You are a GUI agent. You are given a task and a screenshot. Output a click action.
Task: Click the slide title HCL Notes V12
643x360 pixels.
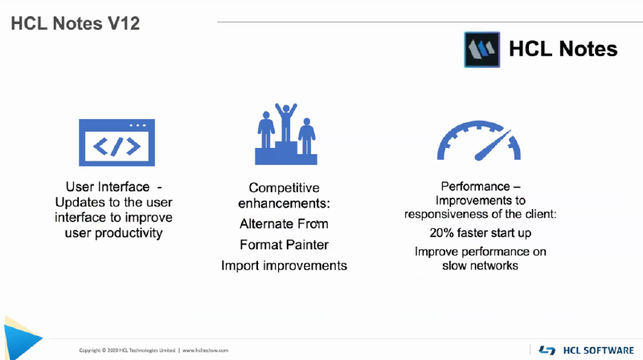[75, 23]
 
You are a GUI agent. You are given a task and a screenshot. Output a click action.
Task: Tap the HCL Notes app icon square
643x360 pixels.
[481, 50]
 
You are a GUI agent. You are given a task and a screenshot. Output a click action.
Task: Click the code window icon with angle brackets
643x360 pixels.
[117, 142]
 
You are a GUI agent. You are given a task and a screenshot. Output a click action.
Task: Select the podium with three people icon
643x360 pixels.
[286, 134]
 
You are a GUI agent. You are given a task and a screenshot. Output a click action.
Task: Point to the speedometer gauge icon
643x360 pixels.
[478, 141]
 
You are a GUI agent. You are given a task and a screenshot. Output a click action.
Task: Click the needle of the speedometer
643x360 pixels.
[494, 145]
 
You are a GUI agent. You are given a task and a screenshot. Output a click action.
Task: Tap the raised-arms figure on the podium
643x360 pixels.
[286, 122]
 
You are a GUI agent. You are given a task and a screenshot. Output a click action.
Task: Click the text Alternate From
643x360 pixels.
[284, 224]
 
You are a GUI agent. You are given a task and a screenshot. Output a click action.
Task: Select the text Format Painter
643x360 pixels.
[284, 245]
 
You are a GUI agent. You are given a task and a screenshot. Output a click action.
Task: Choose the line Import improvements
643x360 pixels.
[284, 266]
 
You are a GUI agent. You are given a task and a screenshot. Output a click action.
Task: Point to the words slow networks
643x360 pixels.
[480, 266]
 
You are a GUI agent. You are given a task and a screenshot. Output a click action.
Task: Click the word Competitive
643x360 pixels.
[284, 188]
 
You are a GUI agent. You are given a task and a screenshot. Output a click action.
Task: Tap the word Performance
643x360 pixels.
[475, 186]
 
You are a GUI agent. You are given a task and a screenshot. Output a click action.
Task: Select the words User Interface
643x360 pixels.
[108, 187]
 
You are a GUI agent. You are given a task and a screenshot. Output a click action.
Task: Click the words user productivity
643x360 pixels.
[113, 233]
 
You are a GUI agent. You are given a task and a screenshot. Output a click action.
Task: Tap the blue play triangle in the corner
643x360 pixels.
[22, 337]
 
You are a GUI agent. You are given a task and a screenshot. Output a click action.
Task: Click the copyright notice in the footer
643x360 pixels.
[127, 350]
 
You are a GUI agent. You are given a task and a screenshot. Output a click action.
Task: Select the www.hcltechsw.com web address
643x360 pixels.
[205, 350]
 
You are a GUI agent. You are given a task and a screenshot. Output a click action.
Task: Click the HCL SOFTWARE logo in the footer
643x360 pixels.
[587, 350]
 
